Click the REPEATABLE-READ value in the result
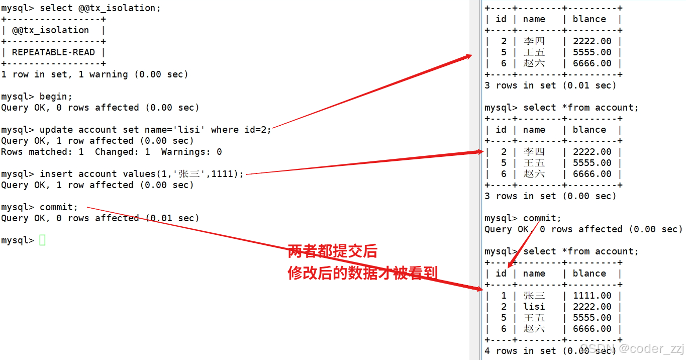[53, 52]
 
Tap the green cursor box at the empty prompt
[42, 240]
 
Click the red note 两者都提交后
[332, 251]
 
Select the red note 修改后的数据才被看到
[362, 273]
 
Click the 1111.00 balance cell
[592, 296]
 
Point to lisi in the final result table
[534, 307]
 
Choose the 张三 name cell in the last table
[534, 296]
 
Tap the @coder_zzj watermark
[651, 348]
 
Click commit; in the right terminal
[542, 218]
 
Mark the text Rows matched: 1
[42, 152]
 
